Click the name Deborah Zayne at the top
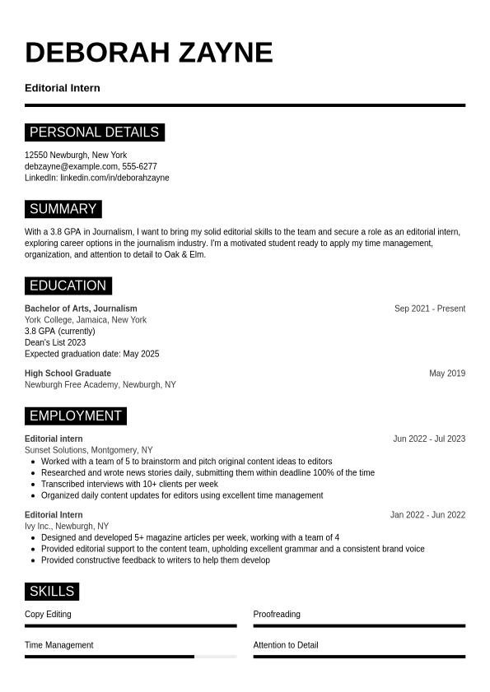coord(148,53)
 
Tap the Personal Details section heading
coord(94,132)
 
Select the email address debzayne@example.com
coord(71,166)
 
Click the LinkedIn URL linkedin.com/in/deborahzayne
coord(114,178)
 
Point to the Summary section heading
coord(63,209)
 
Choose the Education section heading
coord(68,286)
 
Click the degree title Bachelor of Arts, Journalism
coord(81,309)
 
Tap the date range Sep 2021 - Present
coord(429,309)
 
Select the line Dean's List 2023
coord(55,342)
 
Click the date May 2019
coord(447,374)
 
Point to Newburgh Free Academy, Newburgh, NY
coord(100,385)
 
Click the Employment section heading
coord(75,416)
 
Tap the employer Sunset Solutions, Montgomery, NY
coord(89,450)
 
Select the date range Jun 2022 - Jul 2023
coord(429,439)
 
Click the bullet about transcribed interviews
coord(129,484)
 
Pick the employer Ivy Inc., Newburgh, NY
coord(67,527)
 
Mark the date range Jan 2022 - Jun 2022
coord(427,515)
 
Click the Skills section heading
coord(51,592)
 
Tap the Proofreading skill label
coord(277,614)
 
